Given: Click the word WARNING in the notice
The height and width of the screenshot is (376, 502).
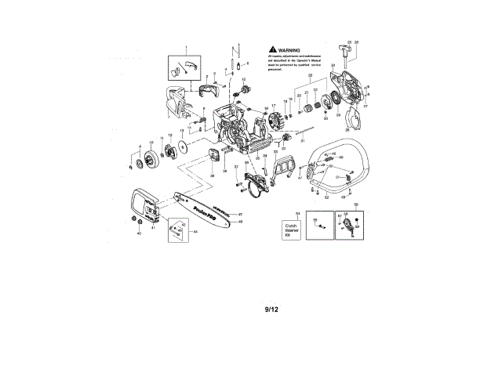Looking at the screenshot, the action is point(288,49).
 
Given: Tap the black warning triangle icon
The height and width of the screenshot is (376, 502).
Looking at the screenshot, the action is point(271,49).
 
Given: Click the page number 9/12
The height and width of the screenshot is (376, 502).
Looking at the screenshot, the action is point(271,309).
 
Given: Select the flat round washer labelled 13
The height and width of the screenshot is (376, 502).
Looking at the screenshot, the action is point(182,147).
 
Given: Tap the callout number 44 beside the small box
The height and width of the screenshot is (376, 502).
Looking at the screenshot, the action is point(195,233).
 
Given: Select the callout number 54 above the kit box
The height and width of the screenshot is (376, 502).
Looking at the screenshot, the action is point(297,213).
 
